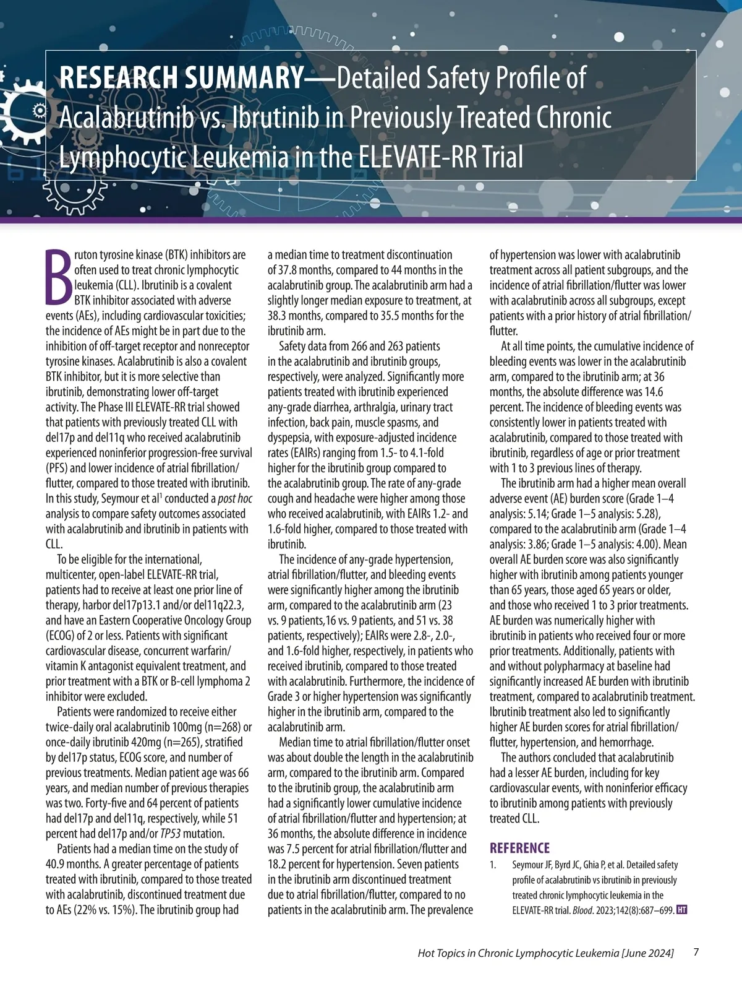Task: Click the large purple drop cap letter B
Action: [x=58, y=278]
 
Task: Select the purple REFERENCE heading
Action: [x=519, y=848]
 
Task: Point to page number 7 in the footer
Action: [x=696, y=952]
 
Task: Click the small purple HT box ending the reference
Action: [x=682, y=910]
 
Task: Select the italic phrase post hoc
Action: [x=235, y=499]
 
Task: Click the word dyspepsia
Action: [x=289, y=438]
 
